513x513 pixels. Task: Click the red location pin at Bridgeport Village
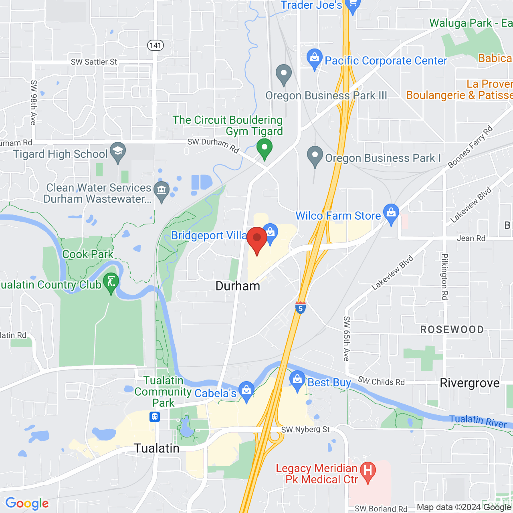257,239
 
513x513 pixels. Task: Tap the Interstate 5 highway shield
301,308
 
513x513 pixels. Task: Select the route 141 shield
156,45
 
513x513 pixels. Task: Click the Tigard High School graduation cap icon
118,151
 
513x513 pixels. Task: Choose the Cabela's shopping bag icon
246,390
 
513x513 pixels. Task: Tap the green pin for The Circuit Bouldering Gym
265,147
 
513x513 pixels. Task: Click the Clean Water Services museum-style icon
162,190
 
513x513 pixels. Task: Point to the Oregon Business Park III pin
284,74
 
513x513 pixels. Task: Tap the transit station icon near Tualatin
155,417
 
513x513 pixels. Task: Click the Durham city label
238,286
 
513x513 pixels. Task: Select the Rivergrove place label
470,383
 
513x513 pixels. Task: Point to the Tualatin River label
478,421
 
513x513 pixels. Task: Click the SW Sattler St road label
94,62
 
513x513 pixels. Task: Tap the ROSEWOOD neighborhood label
452,330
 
